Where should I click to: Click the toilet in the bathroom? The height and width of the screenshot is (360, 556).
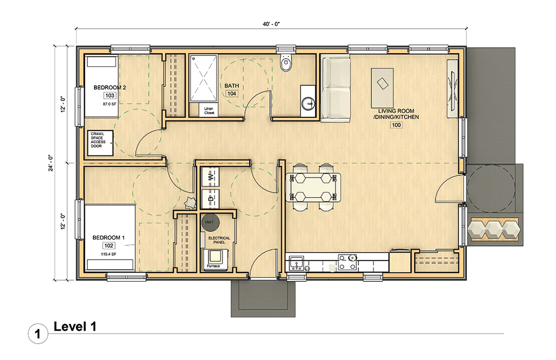coord(286,64)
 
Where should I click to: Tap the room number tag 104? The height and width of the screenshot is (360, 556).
coord(232,93)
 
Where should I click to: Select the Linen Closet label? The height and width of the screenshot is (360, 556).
coord(208,110)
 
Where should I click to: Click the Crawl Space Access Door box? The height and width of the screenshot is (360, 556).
coord(100,143)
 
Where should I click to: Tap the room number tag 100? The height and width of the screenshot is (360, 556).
coord(396,125)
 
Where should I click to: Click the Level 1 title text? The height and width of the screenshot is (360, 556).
coord(75,326)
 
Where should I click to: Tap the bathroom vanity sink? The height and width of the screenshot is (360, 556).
coord(308,102)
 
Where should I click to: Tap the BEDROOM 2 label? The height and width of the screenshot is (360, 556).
coord(110,87)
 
